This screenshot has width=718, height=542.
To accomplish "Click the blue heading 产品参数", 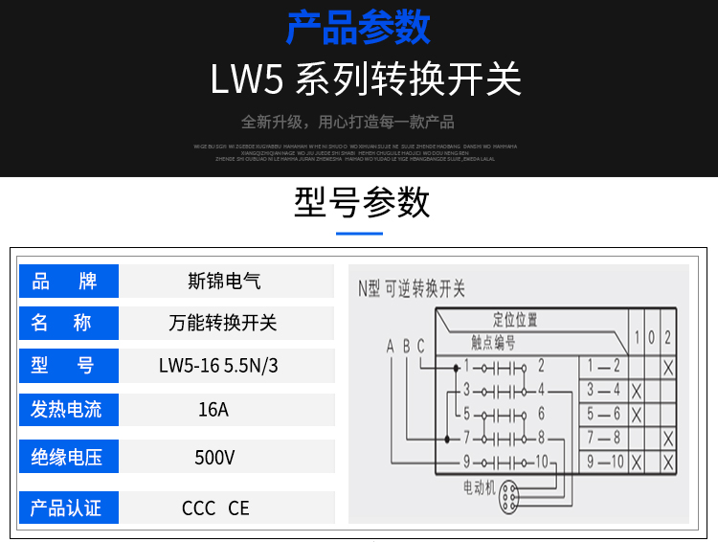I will pos(358,28).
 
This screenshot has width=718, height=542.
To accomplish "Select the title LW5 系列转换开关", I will pos(366,79).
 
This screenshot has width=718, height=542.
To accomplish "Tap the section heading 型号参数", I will pos(361,202).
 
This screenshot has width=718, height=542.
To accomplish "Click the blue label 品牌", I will pos(69,282).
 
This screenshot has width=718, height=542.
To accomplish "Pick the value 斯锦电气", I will pos(224,282).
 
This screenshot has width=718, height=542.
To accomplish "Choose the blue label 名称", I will pos(69,324).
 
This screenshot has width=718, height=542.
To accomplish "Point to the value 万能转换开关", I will pos(224,324).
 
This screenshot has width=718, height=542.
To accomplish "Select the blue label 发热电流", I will pos(69,409).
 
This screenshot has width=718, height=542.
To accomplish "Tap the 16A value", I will pos(213,410).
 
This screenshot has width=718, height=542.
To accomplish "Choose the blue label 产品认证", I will pos(69,507).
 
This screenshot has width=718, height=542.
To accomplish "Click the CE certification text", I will pos(238,508).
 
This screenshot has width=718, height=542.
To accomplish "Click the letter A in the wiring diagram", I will pos(390,347).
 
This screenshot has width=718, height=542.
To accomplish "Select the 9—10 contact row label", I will pos(604,463).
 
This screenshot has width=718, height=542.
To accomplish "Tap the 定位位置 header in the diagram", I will pos(515,320).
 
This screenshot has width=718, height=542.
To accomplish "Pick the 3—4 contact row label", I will pos(603,390).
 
